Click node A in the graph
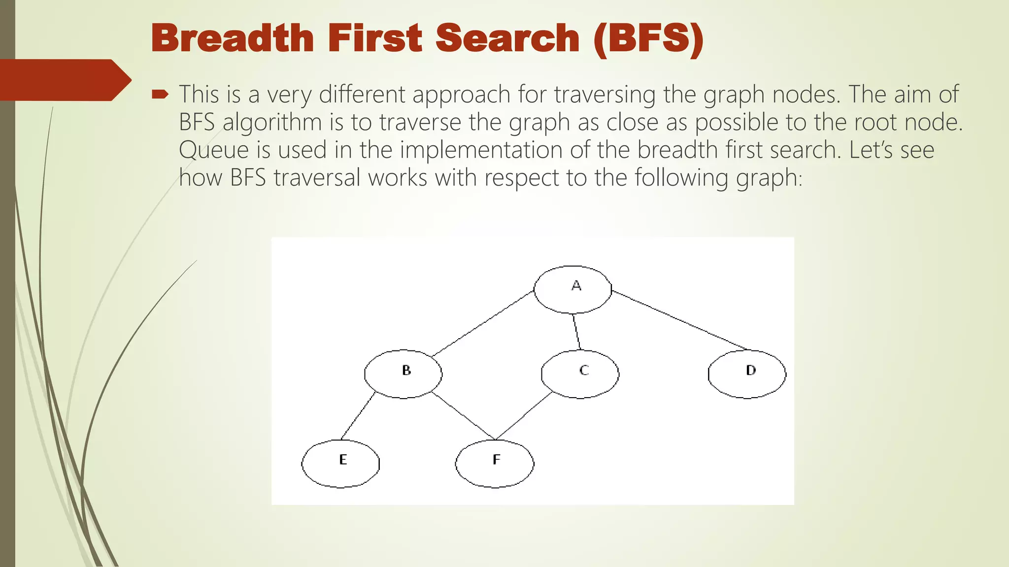pyautogui.click(x=572, y=289)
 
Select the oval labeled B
pyautogui.click(x=403, y=374)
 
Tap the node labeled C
pyautogui.click(x=580, y=374)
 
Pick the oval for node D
pyautogui.click(x=747, y=374)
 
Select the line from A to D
pyautogui.click(x=680, y=320)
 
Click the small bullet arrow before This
pyautogui.click(x=161, y=94)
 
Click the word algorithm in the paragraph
pyautogui.click(x=272, y=122)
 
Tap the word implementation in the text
pyautogui.click(x=480, y=150)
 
